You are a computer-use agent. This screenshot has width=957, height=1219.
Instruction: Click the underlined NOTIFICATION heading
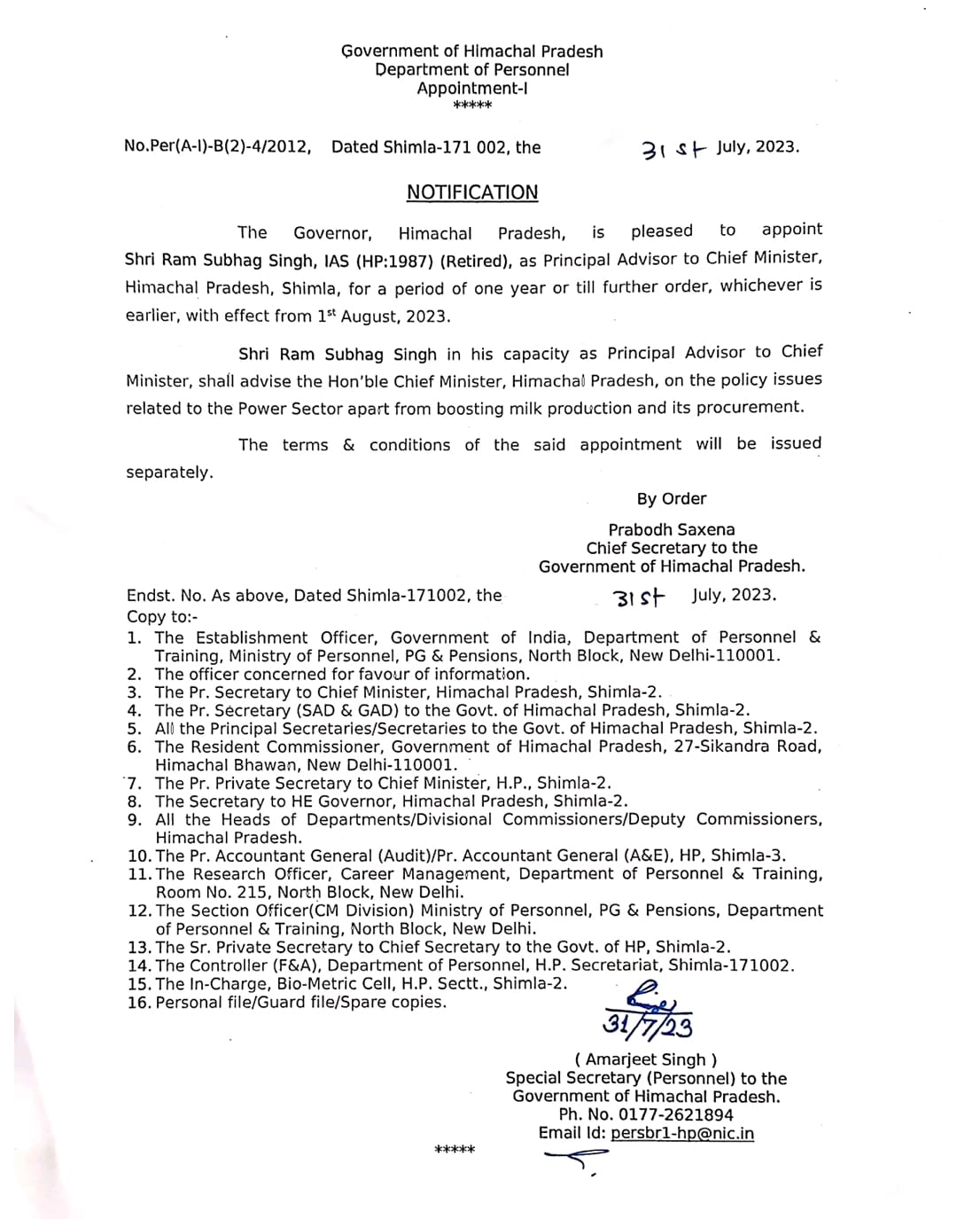tap(472, 192)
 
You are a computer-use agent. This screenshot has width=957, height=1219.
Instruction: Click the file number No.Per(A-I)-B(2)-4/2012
tap(217, 147)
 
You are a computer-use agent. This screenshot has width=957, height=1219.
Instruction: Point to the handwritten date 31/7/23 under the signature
tap(648, 1024)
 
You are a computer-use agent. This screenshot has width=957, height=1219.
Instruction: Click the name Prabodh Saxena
tap(671, 529)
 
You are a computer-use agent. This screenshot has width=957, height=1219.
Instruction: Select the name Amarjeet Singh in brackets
tap(646, 1059)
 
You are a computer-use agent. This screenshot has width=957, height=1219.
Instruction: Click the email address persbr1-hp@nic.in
tap(682, 1133)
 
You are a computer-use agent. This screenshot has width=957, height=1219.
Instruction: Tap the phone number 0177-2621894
tap(675, 1114)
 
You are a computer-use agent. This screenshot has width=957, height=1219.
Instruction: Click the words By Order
tap(671, 498)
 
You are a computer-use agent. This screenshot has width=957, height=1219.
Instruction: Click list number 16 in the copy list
tap(138, 1003)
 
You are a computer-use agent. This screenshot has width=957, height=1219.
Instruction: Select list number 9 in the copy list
tap(135, 819)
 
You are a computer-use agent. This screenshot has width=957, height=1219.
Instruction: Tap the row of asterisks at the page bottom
tap(455, 1151)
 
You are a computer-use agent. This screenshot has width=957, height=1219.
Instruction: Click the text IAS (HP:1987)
tap(378, 261)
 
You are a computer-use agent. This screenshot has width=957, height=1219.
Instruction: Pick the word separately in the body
tap(169, 473)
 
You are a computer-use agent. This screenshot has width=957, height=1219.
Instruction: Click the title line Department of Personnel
tap(471, 70)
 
